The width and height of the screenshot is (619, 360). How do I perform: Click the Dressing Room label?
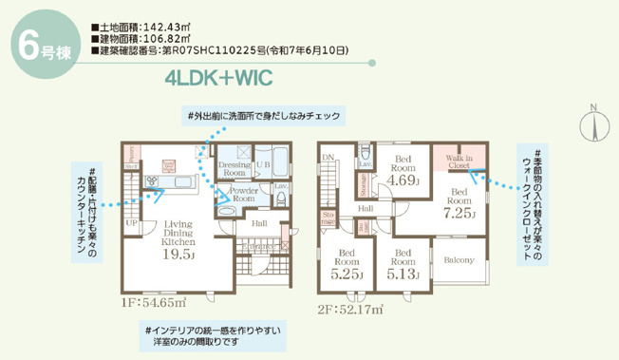234,168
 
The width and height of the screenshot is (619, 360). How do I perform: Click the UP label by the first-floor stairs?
131,224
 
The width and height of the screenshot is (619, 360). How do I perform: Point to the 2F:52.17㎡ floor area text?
350,309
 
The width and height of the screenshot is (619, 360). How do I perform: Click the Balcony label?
459,258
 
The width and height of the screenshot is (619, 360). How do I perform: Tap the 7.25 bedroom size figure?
460,214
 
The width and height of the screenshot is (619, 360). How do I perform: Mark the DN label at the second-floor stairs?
328,158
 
